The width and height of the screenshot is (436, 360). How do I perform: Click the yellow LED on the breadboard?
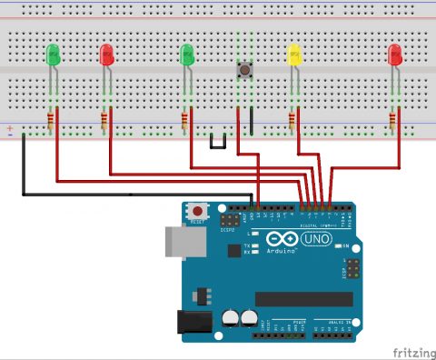click(x=293, y=55)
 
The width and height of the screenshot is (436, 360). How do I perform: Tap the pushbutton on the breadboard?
click(x=243, y=70)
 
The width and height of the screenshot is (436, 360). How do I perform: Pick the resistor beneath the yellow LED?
click(x=293, y=119)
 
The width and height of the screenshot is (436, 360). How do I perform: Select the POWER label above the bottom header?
click(x=298, y=322)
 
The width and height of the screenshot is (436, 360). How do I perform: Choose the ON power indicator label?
click(x=347, y=245)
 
